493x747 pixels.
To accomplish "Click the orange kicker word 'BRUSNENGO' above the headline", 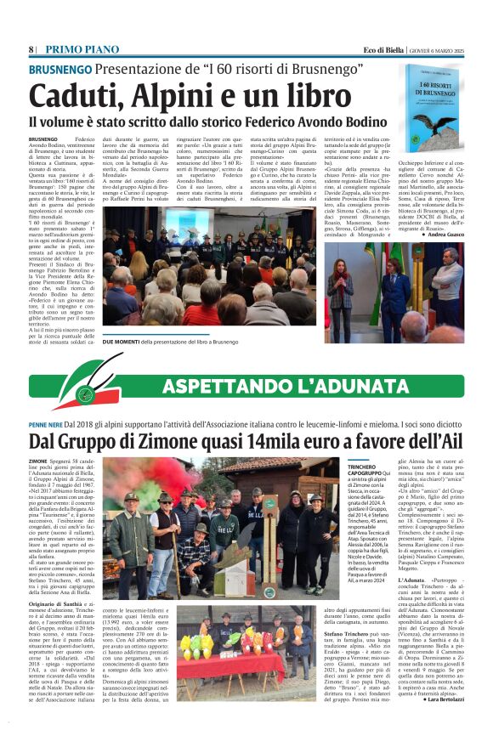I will [x=59, y=70].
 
